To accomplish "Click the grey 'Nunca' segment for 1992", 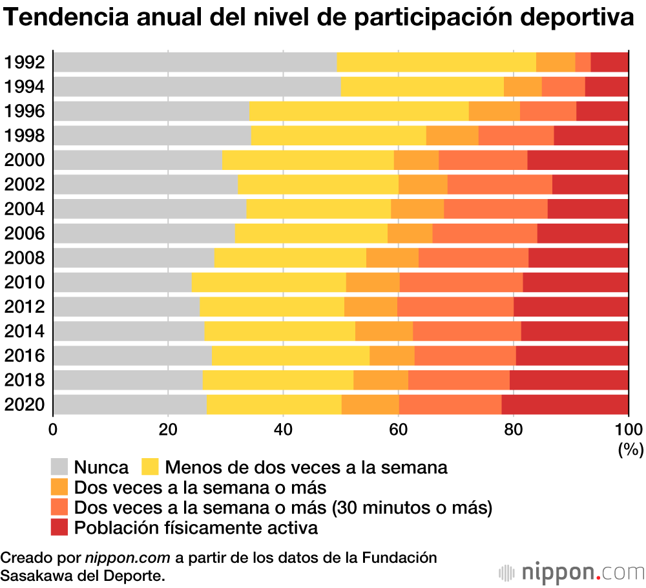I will [194, 62].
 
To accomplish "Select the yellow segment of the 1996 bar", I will [359, 111].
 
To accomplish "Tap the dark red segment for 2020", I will [565, 404].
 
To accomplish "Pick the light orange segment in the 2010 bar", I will [373, 282].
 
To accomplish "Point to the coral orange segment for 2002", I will [499, 185].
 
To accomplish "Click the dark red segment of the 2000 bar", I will [578, 160].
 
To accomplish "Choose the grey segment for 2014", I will [129, 331].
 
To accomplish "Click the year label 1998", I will [24, 136].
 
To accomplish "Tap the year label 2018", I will [24, 380].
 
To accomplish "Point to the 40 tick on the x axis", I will [283, 429].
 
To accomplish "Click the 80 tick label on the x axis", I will [513, 429].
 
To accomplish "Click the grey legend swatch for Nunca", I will [59, 467].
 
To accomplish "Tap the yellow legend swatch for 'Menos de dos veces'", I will [151, 467].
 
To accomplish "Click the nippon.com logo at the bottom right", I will [572, 572].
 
